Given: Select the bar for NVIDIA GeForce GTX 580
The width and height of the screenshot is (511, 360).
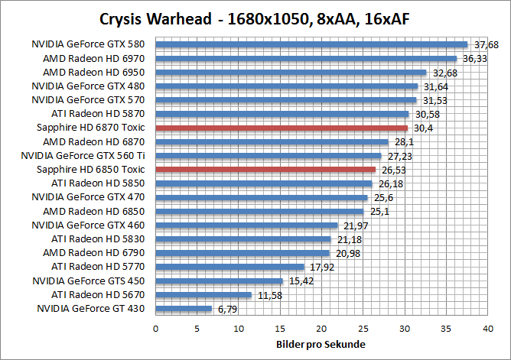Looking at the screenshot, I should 311,44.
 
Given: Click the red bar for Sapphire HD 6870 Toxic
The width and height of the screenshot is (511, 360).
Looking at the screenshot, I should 282,128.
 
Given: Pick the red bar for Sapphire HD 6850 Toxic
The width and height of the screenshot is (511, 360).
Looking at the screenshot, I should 265,170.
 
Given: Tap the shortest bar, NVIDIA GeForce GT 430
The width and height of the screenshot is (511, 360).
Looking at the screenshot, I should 184,309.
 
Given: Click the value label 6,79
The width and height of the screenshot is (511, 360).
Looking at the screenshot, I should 227,309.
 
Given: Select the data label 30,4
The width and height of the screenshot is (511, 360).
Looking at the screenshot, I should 421,128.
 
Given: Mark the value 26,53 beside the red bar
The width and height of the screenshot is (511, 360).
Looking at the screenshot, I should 392,170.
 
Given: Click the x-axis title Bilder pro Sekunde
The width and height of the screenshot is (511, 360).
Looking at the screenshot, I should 321,345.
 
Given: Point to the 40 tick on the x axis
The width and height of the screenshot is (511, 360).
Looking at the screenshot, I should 487,329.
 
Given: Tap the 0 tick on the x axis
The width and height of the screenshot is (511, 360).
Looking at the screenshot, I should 156,329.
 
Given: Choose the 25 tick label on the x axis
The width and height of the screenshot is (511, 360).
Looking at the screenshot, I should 363,329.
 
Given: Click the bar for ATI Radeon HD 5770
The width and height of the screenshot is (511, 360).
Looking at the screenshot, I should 229,267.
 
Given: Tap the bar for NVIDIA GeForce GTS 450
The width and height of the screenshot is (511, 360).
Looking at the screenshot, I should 220,281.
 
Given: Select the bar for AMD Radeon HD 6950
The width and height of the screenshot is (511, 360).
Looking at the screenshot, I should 291,73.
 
